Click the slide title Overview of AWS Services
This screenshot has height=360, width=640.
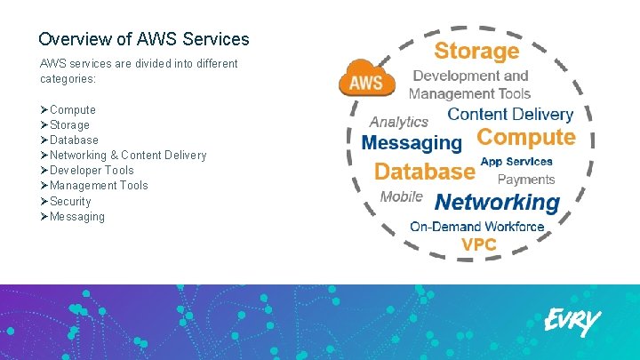tap(144, 40)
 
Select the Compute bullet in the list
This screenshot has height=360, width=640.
tap(72, 109)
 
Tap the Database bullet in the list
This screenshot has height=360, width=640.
tap(74, 140)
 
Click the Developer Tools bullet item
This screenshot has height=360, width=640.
tap(92, 170)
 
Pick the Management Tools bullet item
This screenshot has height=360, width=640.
tap(99, 185)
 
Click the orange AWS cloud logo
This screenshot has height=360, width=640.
tap(367, 80)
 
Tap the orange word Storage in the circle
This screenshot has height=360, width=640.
tap(476, 51)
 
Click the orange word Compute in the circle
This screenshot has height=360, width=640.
tap(526, 138)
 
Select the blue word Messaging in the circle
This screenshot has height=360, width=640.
tap(412, 142)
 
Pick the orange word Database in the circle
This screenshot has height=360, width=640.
tap(424, 171)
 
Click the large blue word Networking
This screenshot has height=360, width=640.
tap(497, 202)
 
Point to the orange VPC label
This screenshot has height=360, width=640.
tap(478, 244)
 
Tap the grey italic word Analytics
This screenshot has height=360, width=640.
tap(398, 122)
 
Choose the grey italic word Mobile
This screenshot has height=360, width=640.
tap(401, 196)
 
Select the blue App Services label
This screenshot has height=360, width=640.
tap(516, 162)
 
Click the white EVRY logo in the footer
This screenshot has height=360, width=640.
tap(572, 322)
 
